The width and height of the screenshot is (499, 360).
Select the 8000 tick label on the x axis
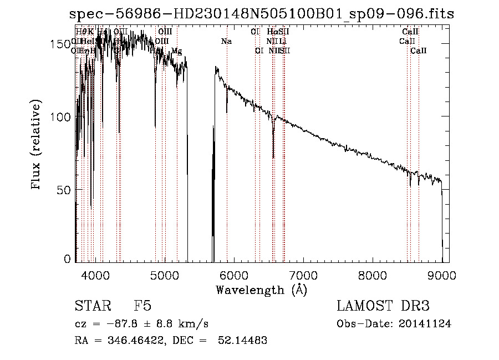click(372, 275)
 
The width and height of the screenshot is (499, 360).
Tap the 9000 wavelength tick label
click(441, 275)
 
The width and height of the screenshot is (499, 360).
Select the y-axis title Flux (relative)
click(37, 145)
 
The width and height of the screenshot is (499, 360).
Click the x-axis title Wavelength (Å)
click(261, 290)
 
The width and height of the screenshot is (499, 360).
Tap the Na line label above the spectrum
click(226, 42)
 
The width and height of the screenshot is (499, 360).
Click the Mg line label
click(176, 51)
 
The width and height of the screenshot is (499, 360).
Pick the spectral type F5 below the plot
click(142, 306)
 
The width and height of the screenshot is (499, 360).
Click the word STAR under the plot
click(93, 306)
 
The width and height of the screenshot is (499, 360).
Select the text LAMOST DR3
click(383, 306)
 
